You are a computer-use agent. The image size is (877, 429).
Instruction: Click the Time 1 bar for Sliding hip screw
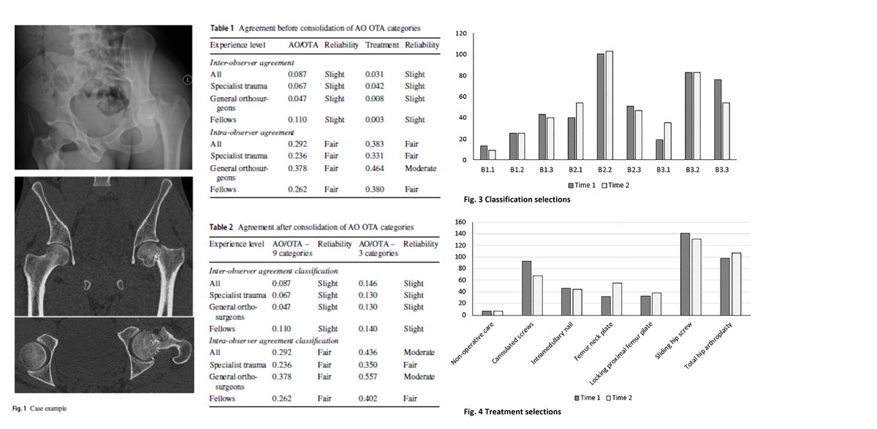tap(685, 274)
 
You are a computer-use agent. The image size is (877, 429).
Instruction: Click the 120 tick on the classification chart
tap(460, 34)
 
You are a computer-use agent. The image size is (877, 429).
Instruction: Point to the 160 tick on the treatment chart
tap(460, 222)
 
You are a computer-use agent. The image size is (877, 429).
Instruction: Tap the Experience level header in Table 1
tap(237, 45)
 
